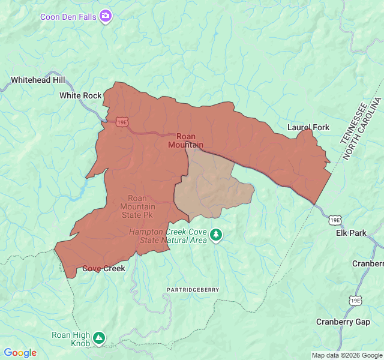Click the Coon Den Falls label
(68, 16)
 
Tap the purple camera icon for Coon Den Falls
(106, 16)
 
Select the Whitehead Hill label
(37, 80)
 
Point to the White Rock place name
(80, 95)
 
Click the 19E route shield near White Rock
(122, 122)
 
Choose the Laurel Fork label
(308, 127)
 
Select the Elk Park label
(350, 233)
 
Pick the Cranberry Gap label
(343, 322)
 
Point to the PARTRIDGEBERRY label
(193, 290)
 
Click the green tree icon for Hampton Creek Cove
(216, 235)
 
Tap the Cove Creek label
(104, 268)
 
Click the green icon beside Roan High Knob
(98, 338)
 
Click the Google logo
(20, 353)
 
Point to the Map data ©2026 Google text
(346, 355)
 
